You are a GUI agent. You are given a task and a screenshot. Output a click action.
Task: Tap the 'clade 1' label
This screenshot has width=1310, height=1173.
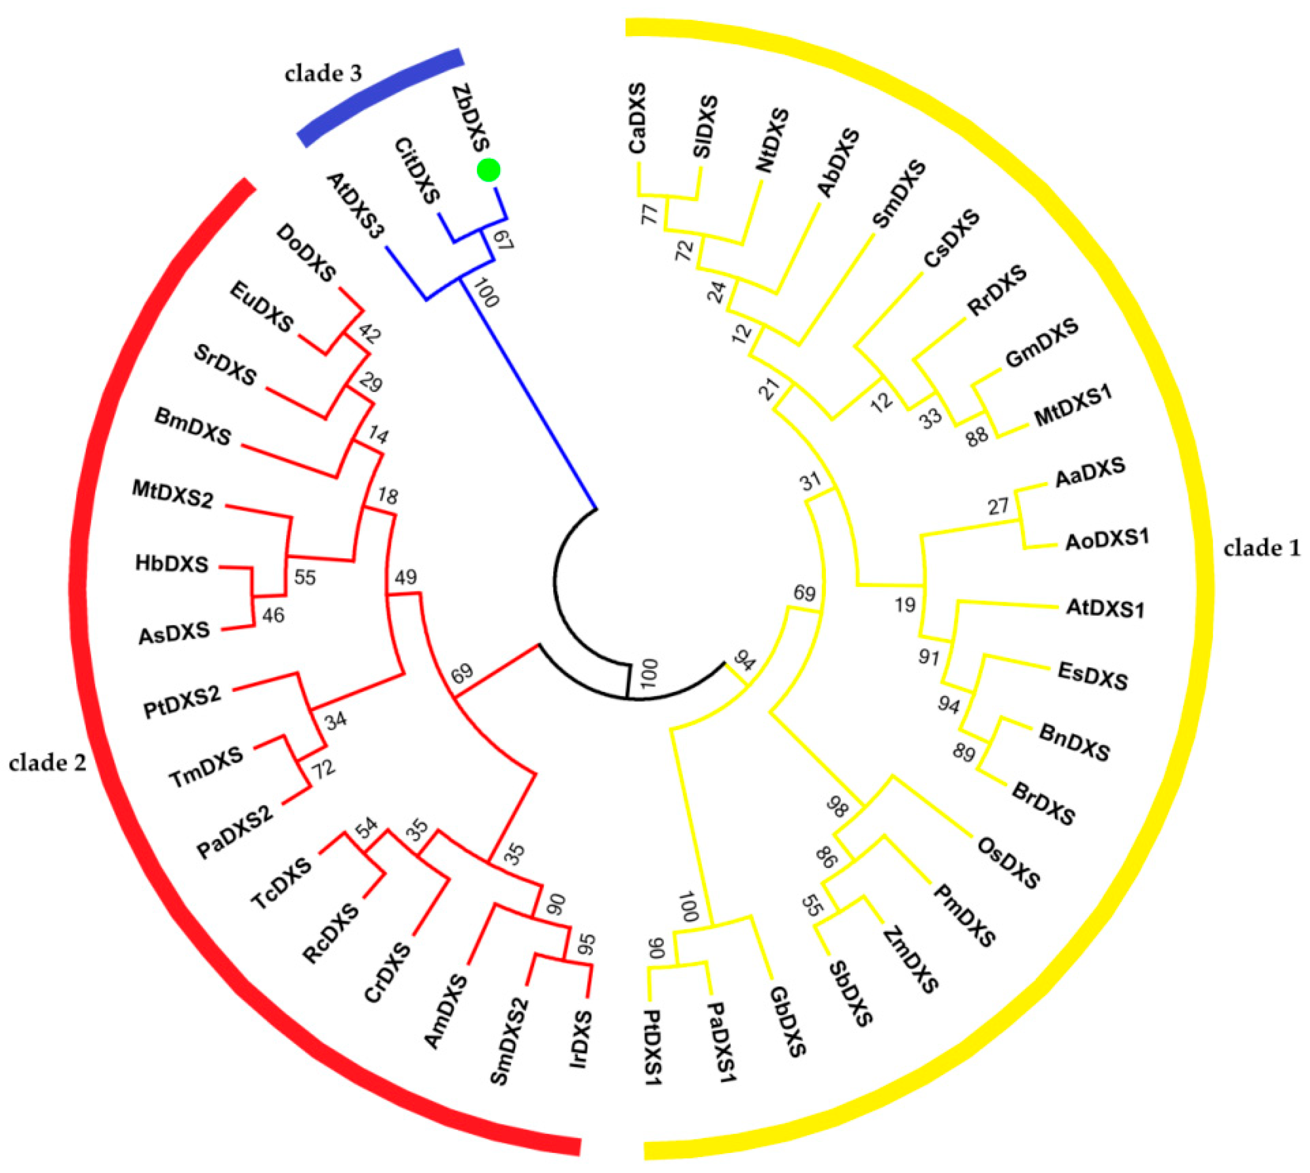point(1262,549)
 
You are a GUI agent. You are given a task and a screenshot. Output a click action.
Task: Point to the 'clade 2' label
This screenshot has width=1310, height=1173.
point(47,763)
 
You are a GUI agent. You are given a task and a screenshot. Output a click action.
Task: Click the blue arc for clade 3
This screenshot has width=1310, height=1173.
point(380,97)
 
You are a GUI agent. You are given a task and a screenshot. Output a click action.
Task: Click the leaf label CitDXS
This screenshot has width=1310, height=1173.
point(417,171)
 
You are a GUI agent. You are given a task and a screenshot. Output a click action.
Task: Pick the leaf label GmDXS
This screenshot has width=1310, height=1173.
point(1041,344)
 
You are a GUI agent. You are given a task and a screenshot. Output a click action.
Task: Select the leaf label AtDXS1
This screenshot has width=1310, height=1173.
point(1105,608)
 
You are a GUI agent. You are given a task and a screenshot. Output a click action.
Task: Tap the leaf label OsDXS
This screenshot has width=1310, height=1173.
point(1008,862)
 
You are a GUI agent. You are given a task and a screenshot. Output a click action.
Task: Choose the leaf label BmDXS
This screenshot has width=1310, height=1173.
point(192,426)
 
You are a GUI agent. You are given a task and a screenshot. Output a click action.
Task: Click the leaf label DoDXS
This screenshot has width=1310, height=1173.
point(306,253)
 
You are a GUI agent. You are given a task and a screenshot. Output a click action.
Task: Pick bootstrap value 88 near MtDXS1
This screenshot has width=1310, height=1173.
point(977,436)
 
